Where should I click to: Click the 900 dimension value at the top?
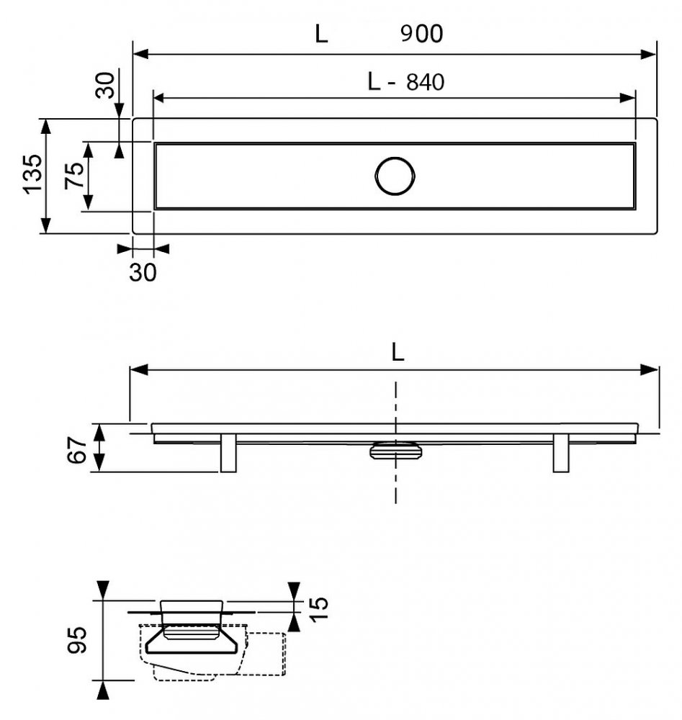pyautogui.click(x=421, y=34)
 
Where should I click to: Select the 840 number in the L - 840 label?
pyautogui.click(x=426, y=82)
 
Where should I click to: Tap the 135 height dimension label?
pyautogui.click(x=33, y=174)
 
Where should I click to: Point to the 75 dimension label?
pyautogui.click(x=75, y=175)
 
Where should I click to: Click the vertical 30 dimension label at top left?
pyautogui.click(x=105, y=86)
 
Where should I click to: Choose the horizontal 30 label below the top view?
pyautogui.click(x=143, y=272)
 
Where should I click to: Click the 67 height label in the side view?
pyautogui.click(x=77, y=449)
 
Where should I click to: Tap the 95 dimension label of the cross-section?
pyautogui.click(x=76, y=639)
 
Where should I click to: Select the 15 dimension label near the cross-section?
pyautogui.click(x=319, y=609)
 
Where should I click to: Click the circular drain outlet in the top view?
pyautogui.click(x=395, y=157)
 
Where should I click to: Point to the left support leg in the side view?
pyautogui.click(x=228, y=453)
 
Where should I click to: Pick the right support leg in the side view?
pyautogui.click(x=561, y=453)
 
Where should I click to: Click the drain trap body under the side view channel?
pyautogui.click(x=395, y=450)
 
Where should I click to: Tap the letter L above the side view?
pyautogui.click(x=398, y=352)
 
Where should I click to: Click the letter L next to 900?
pyautogui.click(x=321, y=34)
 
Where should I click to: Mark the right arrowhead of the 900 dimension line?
pyautogui.click(x=649, y=54)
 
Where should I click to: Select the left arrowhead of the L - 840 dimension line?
pyautogui.click(x=161, y=97)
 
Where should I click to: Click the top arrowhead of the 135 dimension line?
pyautogui.click(x=45, y=126)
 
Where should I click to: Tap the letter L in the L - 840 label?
pyautogui.click(x=374, y=82)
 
